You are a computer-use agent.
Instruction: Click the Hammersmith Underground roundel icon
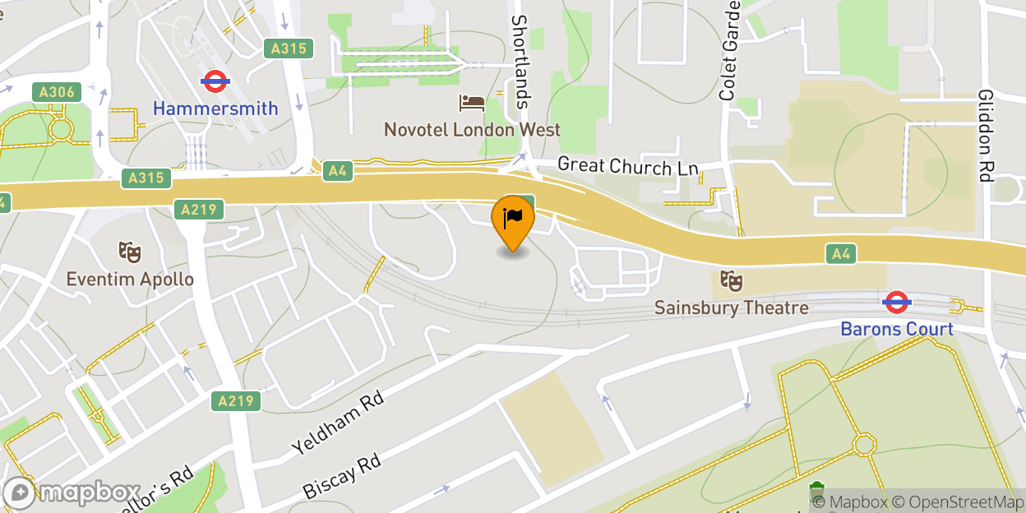coord(215,81)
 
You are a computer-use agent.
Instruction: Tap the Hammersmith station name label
coord(215,108)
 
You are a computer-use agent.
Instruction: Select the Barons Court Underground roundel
coord(895,303)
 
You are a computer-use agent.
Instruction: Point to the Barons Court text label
coord(896,329)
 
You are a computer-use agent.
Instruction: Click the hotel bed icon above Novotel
coord(472,104)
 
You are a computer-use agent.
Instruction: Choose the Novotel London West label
coord(472,130)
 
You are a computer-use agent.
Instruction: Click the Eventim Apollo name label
coord(130,279)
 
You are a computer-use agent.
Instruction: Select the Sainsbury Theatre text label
coord(731,307)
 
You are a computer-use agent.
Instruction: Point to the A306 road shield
coord(57,91)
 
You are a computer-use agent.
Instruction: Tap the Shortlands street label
coord(520,62)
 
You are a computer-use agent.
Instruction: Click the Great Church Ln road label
coord(627,166)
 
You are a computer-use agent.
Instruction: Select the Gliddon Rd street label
coord(986,136)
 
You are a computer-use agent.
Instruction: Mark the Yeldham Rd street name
coord(337,423)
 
